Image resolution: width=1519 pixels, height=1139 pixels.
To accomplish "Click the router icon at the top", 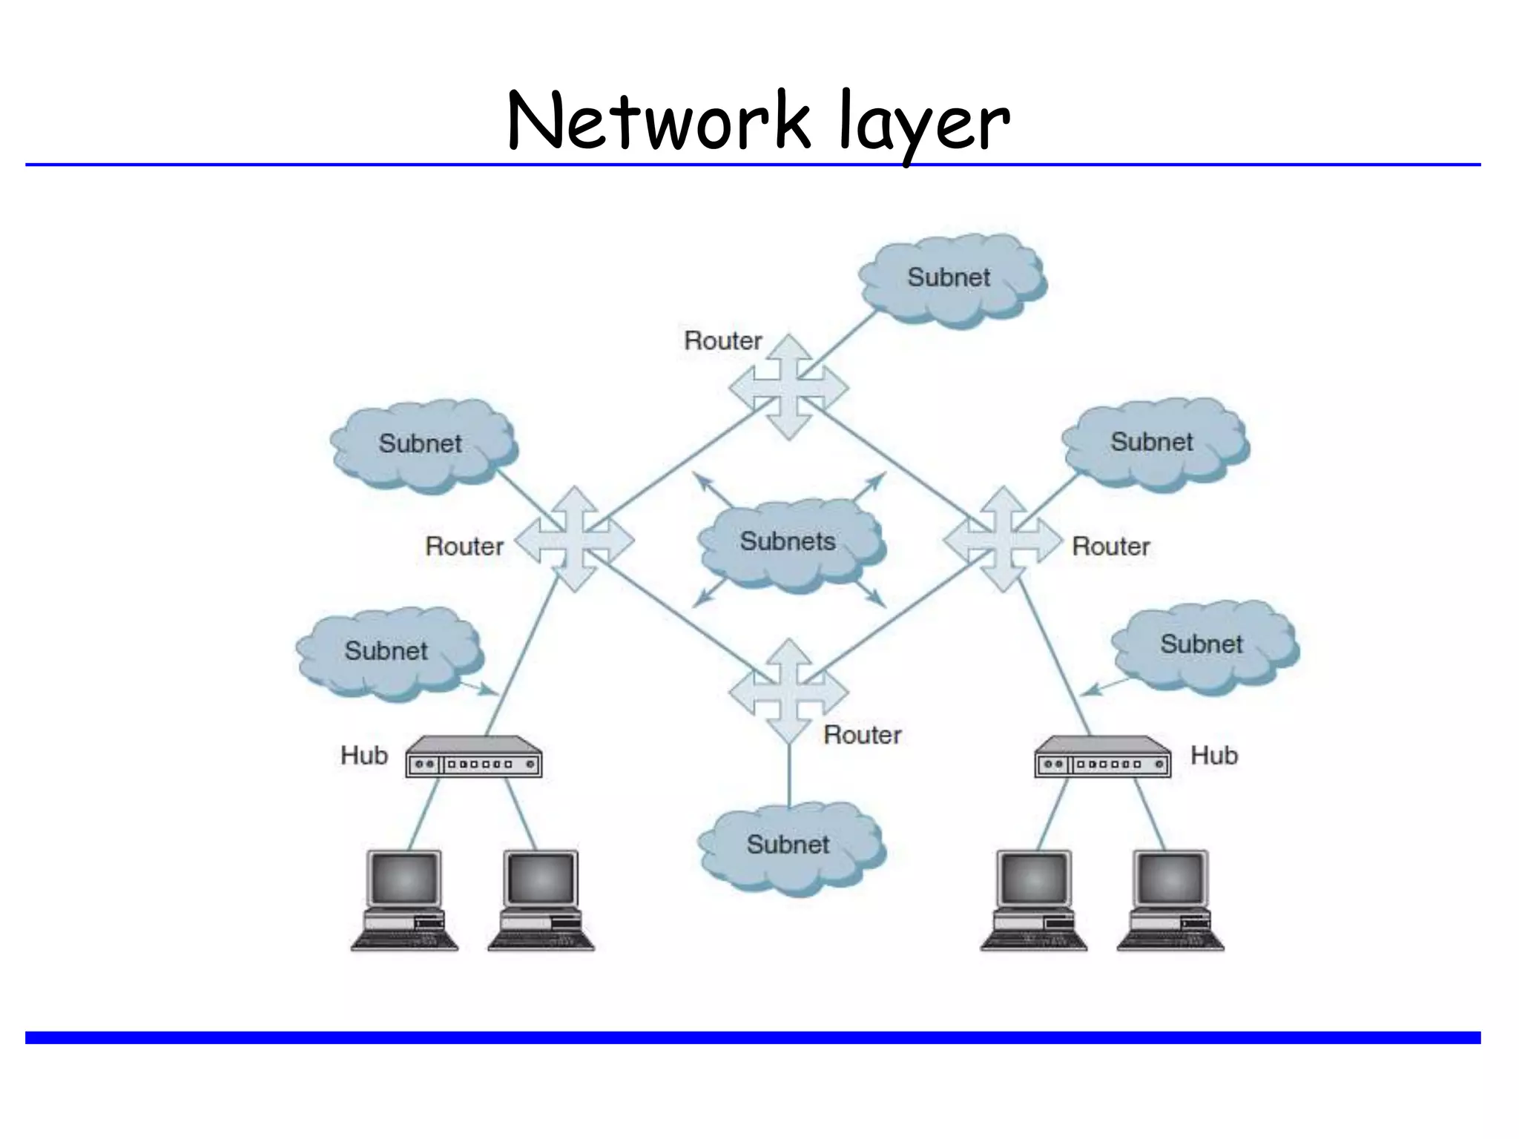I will [x=788, y=388].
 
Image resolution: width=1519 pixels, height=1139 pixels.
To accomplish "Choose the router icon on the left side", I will [x=575, y=540].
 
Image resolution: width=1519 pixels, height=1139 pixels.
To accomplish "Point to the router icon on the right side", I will [x=1003, y=540].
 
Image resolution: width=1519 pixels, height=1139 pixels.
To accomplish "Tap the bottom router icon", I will [x=788, y=691].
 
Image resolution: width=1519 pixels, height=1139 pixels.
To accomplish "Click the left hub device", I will [x=474, y=757].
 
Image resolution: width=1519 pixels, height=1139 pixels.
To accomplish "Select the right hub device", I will [x=1102, y=757].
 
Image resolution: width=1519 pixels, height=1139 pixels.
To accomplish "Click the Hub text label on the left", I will [x=364, y=756].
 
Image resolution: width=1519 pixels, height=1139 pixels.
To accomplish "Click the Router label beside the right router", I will [x=1110, y=547].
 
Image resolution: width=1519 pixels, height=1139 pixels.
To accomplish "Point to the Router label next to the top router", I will [x=722, y=341].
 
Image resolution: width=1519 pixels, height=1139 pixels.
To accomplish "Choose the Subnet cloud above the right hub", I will [x=1203, y=645].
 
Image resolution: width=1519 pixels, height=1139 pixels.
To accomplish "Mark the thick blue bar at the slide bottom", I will [x=752, y=1037].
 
